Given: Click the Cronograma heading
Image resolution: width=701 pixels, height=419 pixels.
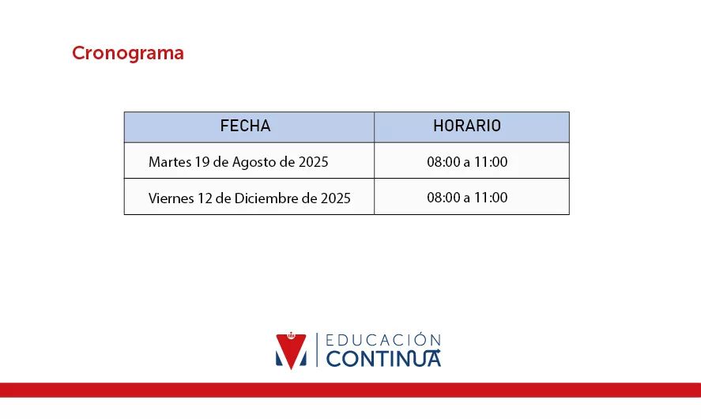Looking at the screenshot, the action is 128,53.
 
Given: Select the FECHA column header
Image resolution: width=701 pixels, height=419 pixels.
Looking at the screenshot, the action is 246,126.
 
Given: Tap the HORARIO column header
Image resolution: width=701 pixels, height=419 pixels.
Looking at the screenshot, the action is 467,126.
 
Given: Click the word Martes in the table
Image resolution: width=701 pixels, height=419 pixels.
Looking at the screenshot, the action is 170,161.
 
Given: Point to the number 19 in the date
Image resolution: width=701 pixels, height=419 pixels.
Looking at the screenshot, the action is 202,161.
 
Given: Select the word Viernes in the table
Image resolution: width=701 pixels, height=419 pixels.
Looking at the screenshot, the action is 171,198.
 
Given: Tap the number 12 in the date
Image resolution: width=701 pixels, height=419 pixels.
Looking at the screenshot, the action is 205,198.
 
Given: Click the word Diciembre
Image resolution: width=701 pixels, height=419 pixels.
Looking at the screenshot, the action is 263,198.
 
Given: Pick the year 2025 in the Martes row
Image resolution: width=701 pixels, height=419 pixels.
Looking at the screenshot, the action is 314,161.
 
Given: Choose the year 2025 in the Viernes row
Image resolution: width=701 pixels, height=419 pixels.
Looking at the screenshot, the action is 336,198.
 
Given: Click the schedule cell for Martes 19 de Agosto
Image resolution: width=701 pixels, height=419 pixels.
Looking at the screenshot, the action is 467,161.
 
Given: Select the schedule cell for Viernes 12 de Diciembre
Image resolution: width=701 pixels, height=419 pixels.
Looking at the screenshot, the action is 467,197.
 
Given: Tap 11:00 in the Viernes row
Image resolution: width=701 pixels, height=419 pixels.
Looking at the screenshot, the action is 491,197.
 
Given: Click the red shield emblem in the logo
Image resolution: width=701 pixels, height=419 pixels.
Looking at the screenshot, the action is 291,350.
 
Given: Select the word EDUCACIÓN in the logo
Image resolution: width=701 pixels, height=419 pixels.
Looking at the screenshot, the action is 383,340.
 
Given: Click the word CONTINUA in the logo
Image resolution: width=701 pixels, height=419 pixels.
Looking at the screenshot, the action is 383,359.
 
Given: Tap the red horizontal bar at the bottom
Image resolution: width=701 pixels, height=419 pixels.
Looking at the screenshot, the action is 351,390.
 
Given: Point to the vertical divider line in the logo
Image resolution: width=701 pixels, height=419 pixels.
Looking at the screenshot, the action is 317,349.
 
